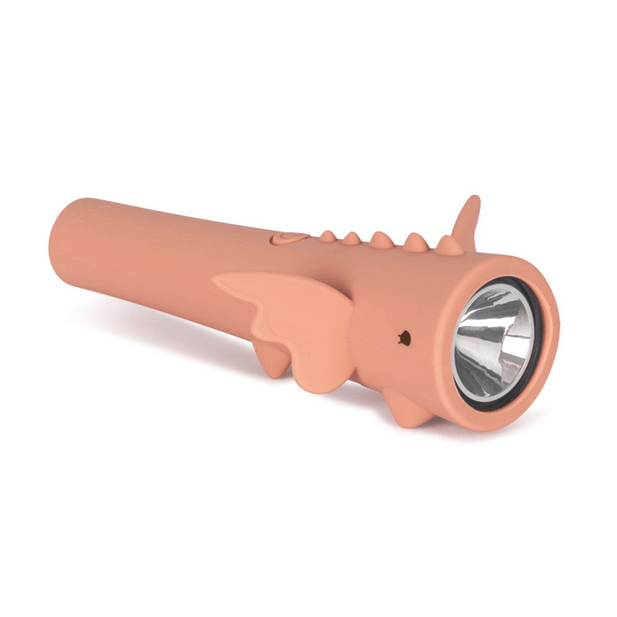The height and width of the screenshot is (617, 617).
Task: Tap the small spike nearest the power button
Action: [x=328, y=236]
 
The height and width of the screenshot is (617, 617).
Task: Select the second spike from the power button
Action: [x=352, y=238]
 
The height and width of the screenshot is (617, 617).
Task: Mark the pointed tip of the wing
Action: [x=217, y=280]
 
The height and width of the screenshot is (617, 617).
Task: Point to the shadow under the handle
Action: [x=154, y=321]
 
